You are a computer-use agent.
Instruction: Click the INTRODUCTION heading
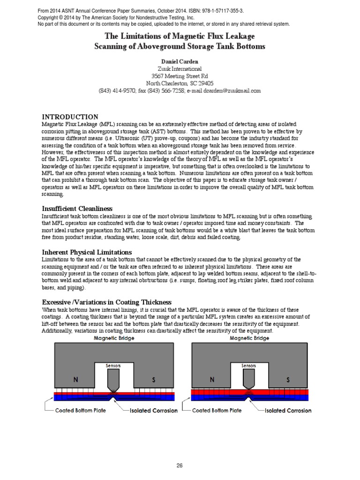[70, 117]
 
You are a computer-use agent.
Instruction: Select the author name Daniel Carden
[180, 61]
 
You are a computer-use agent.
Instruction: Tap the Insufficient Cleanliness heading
[80, 208]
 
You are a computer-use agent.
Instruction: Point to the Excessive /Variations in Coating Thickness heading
[107, 302]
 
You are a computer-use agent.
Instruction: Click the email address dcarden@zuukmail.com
[225, 91]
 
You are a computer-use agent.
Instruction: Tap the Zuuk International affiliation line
[180, 68]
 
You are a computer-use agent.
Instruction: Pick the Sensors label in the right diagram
[249, 365]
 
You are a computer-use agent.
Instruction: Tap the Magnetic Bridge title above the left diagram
[114, 337]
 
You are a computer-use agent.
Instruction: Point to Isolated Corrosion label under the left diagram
[153, 410]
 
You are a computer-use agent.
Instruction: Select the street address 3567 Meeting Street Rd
[180, 76]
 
